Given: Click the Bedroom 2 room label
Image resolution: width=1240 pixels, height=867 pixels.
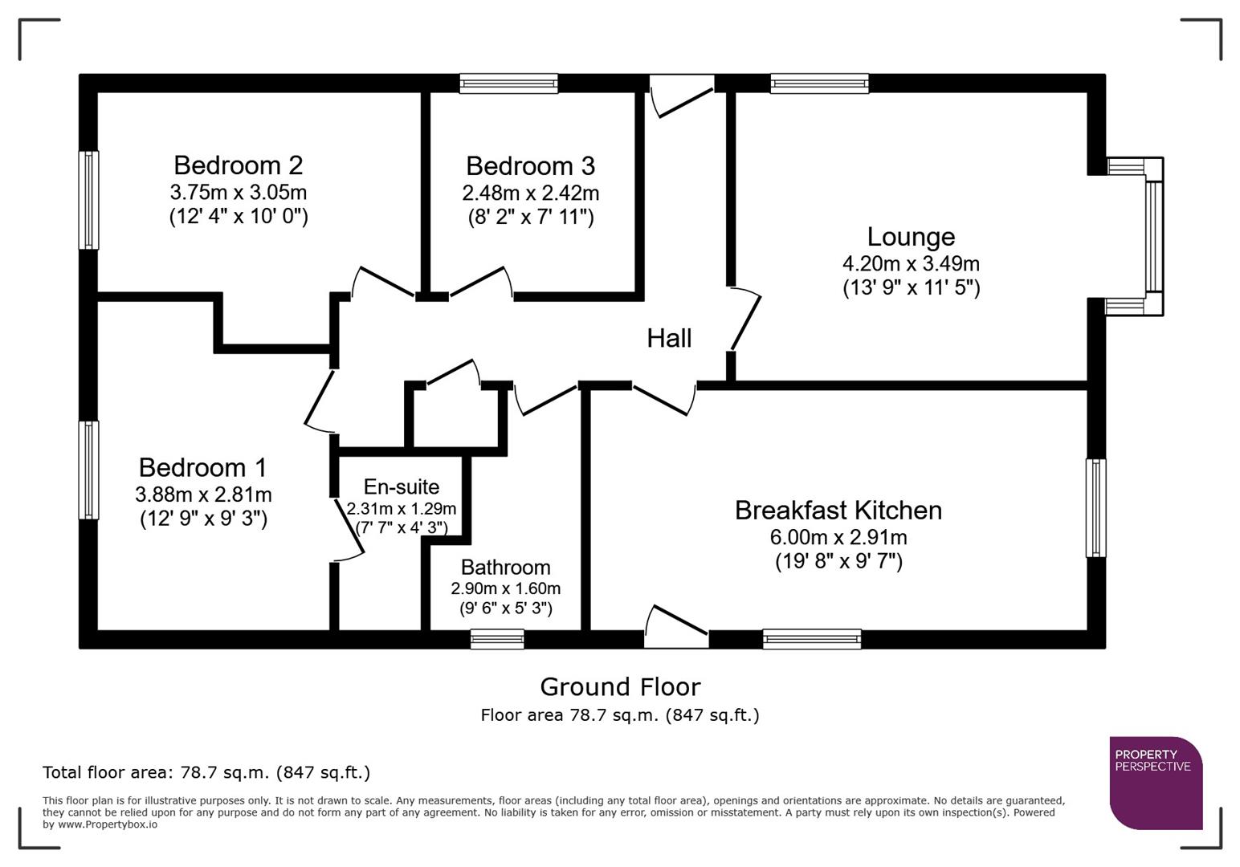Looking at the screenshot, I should [x=238, y=165].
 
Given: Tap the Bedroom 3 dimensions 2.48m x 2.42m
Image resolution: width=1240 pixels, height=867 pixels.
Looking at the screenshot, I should [x=530, y=193].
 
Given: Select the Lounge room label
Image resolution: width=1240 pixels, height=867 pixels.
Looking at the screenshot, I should [x=911, y=237].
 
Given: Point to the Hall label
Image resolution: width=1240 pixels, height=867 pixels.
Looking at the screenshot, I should [x=669, y=338].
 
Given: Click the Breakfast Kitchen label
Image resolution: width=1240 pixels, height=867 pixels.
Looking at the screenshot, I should [x=838, y=511].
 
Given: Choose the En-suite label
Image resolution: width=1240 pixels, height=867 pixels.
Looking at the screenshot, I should [x=401, y=487].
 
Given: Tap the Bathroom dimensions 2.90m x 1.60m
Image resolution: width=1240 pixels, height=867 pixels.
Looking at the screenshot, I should [x=505, y=588].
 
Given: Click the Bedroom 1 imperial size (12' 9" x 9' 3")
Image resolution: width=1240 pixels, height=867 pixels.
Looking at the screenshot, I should [x=203, y=519].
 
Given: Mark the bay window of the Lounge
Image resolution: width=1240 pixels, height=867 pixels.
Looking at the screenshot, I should [x=1153, y=236].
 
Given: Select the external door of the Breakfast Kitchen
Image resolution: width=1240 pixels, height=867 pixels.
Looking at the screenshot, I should [x=676, y=628].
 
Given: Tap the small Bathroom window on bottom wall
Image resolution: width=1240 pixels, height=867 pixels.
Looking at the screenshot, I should [x=497, y=639].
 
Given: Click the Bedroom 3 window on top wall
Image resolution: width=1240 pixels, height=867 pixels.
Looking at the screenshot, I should [x=508, y=83].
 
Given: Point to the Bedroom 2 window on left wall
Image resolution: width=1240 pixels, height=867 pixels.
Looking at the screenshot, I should [x=88, y=200].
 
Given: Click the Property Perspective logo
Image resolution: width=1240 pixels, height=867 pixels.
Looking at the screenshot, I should [x=1156, y=783].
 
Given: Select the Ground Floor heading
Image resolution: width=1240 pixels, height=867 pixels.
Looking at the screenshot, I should [x=620, y=687].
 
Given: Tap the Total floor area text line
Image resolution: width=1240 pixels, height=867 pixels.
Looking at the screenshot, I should [x=206, y=772].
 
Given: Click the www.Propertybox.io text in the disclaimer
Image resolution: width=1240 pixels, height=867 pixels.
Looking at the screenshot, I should [x=108, y=824].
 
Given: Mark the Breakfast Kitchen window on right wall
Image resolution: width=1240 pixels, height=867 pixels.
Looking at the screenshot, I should [x=1095, y=507].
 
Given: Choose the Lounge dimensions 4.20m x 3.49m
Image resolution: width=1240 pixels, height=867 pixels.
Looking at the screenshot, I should [x=911, y=263].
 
